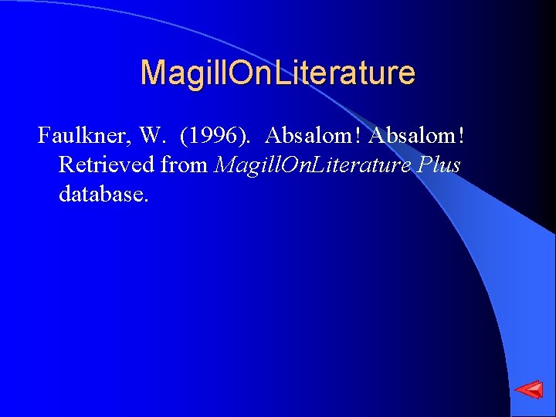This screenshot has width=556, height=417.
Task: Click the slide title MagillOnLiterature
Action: coord(277,73)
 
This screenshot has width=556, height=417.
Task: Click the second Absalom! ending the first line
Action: coord(417,136)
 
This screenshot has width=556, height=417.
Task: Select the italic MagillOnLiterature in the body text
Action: coord(305,164)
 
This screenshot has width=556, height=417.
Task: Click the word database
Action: coord(100,193)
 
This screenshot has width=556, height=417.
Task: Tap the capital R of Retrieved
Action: coord(66,164)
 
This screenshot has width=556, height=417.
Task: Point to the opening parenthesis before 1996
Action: coord(183,137)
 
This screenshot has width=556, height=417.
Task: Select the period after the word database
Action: coord(145,199)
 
